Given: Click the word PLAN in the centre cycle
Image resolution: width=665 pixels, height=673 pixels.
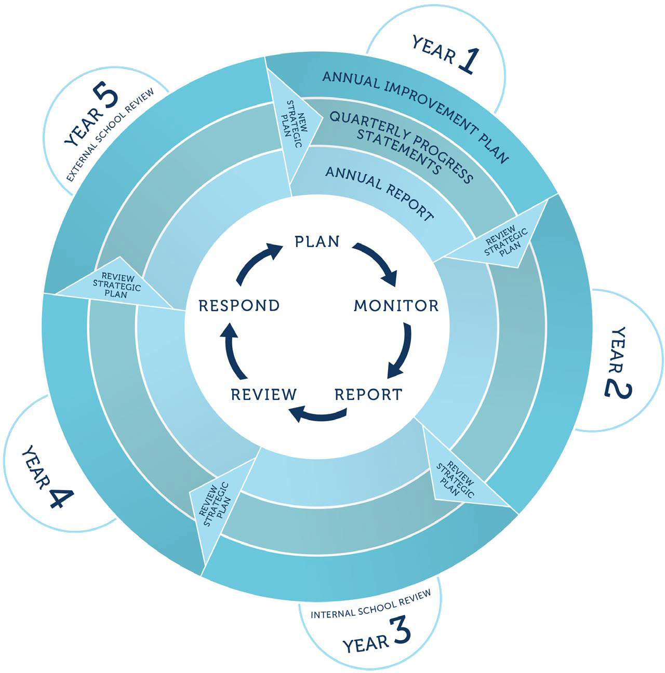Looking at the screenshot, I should click(317, 242).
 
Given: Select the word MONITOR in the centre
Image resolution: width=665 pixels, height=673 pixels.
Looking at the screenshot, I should click(396, 306).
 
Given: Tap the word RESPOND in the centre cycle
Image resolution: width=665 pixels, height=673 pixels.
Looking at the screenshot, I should click(239, 306).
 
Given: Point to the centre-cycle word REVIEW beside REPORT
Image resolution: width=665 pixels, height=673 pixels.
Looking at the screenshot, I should click(263, 395).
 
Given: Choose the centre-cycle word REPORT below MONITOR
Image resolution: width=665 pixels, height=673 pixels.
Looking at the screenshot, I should click(368, 395).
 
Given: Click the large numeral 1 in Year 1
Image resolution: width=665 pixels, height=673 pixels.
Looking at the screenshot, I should click(467, 60).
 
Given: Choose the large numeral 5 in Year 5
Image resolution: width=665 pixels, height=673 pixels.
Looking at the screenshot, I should click(106, 99).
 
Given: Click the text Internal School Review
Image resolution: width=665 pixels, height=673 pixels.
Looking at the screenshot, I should click(371, 605).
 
